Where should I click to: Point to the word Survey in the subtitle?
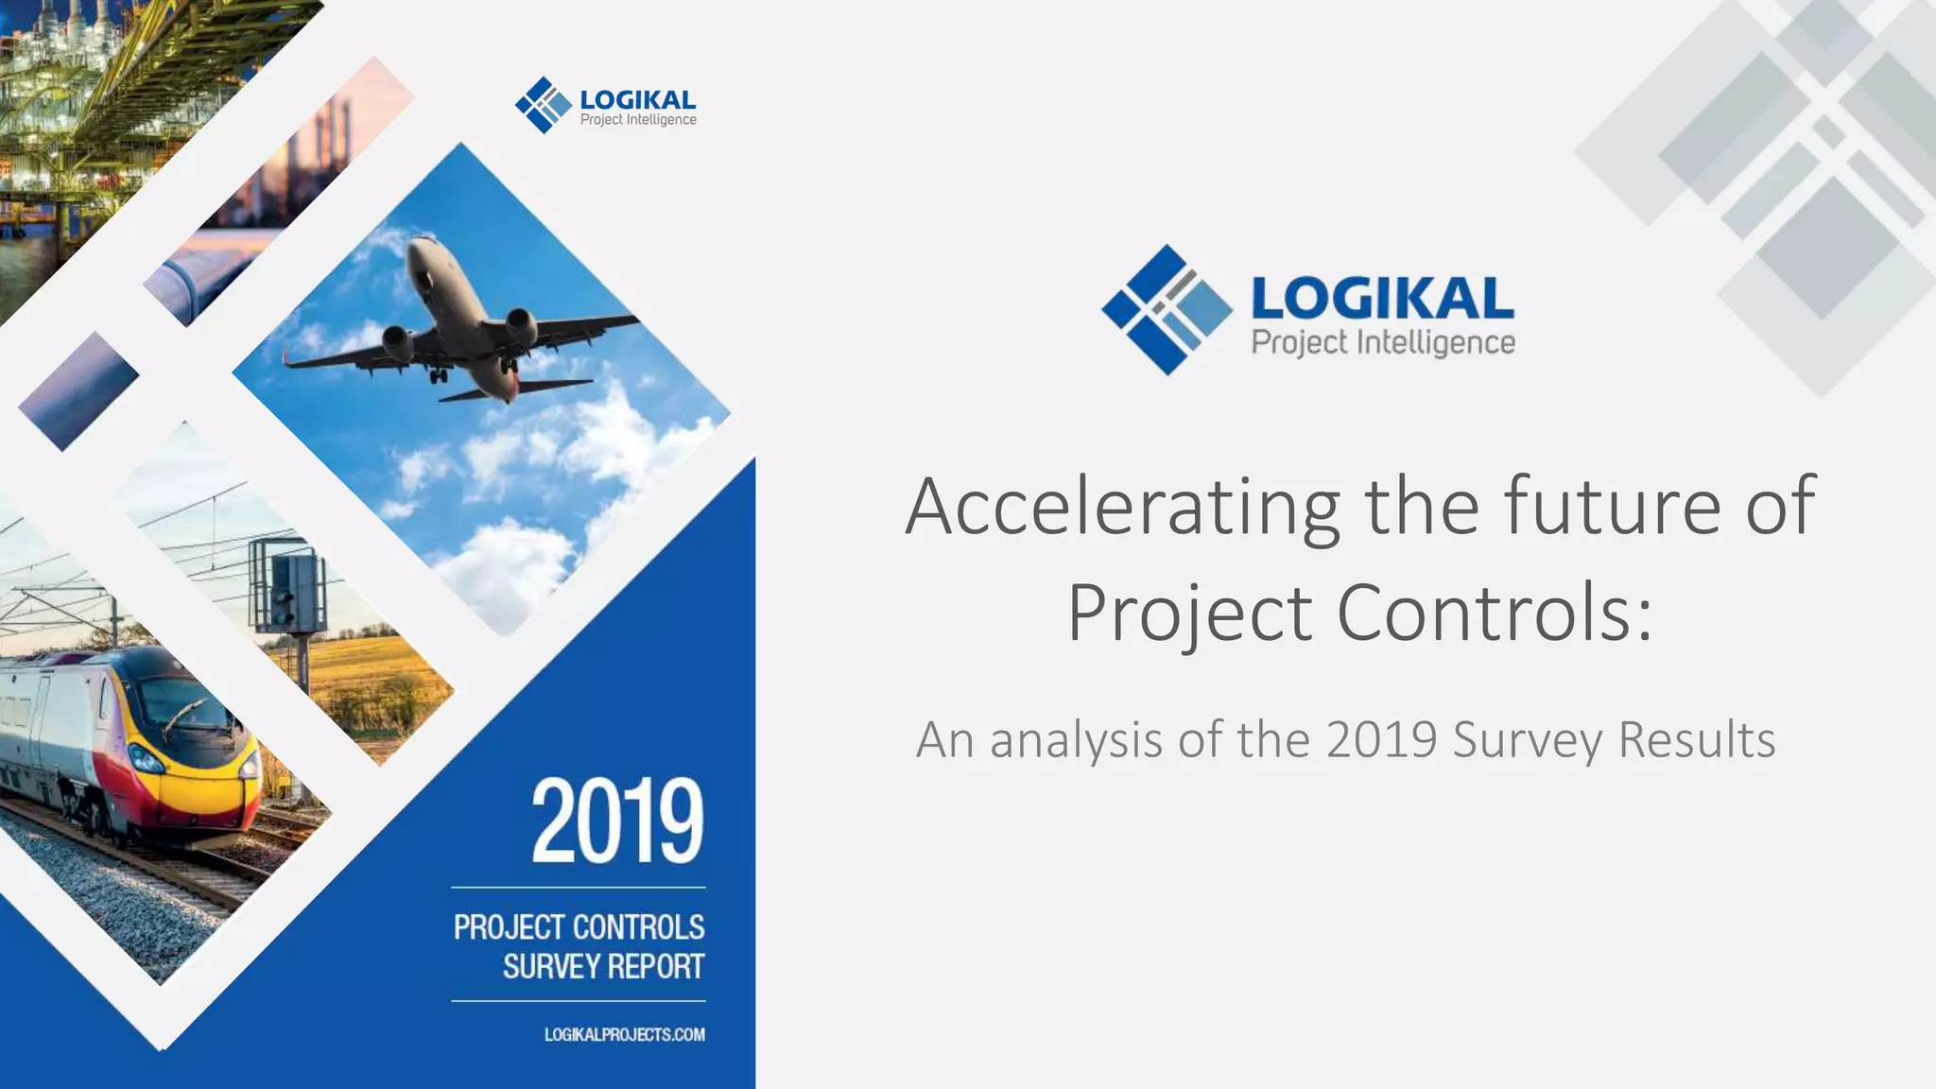(1528, 741)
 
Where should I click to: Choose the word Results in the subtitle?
(1697, 739)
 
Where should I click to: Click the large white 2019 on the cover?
(617, 821)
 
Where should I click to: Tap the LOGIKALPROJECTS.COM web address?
(624, 1034)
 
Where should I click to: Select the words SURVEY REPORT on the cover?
(603, 967)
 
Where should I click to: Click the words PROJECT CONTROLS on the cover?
(579, 927)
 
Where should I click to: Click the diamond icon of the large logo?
(1166, 309)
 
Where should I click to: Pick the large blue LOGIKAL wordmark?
(1382, 299)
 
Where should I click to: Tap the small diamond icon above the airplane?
(544, 105)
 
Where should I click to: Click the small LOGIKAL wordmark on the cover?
(637, 99)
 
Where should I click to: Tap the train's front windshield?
(180, 704)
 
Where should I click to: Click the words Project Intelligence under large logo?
(1383, 342)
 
